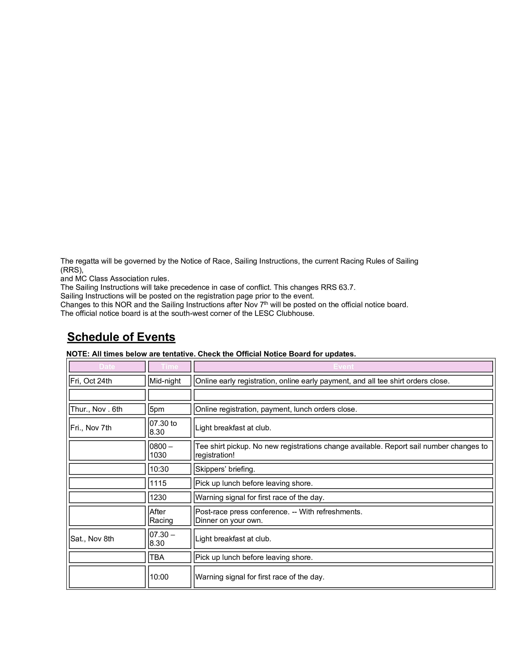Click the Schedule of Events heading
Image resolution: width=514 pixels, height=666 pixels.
point(121,337)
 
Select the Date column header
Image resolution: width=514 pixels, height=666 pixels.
point(107,367)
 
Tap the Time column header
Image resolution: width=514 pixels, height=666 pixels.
point(169,367)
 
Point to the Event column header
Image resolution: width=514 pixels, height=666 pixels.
point(343,367)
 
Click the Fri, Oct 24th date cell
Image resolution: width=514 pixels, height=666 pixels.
point(107,381)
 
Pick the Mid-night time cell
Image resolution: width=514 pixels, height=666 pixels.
point(169,381)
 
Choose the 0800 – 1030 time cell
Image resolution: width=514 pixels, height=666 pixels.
point(169,451)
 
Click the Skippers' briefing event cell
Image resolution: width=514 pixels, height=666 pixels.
point(343,469)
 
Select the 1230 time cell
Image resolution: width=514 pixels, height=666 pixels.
point(169,497)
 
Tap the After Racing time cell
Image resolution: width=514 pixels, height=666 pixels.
point(169,516)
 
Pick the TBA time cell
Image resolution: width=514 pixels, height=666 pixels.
point(169,557)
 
